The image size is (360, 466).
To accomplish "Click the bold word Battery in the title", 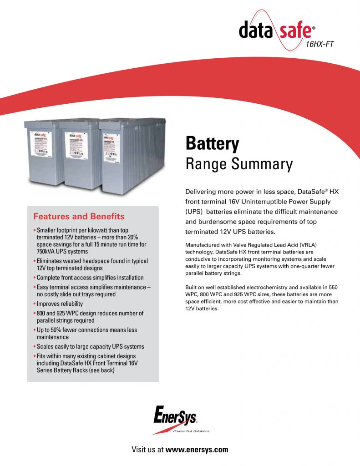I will [x=212, y=144].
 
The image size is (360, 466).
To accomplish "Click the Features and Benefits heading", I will [x=79, y=216].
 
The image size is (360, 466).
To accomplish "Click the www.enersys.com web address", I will [x=197, y=450].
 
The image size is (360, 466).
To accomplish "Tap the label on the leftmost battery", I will [x=41, y=146].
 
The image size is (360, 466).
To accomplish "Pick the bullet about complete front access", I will [x=90, y=278].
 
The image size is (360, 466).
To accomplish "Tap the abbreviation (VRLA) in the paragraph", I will [x=304, y=245].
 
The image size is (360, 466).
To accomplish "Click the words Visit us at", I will [x=147, y=450].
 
